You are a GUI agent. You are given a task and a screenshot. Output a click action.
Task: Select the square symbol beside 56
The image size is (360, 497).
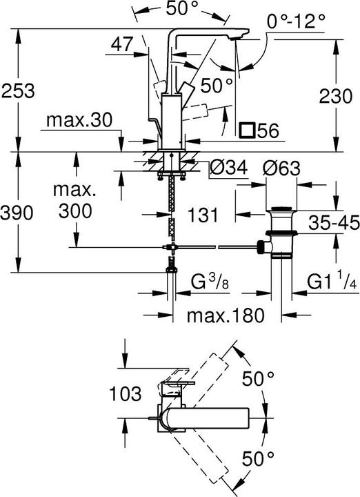tap(246, 130)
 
